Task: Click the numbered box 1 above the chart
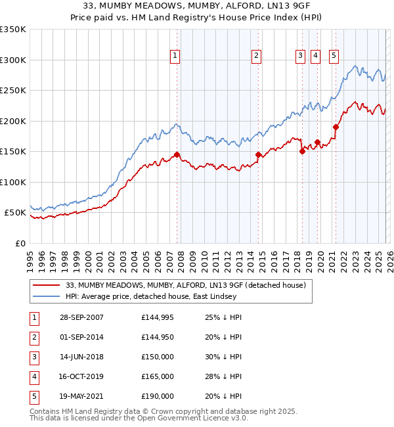coord(175,56)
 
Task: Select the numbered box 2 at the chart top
coord(255,56)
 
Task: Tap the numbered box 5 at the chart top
coord(334,56)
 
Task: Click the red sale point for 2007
coord(177,154)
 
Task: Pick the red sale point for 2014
coord(258,154)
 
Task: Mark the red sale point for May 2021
coord(336,127)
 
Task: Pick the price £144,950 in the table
coord(158,337)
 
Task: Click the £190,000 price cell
coord(158,396)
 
